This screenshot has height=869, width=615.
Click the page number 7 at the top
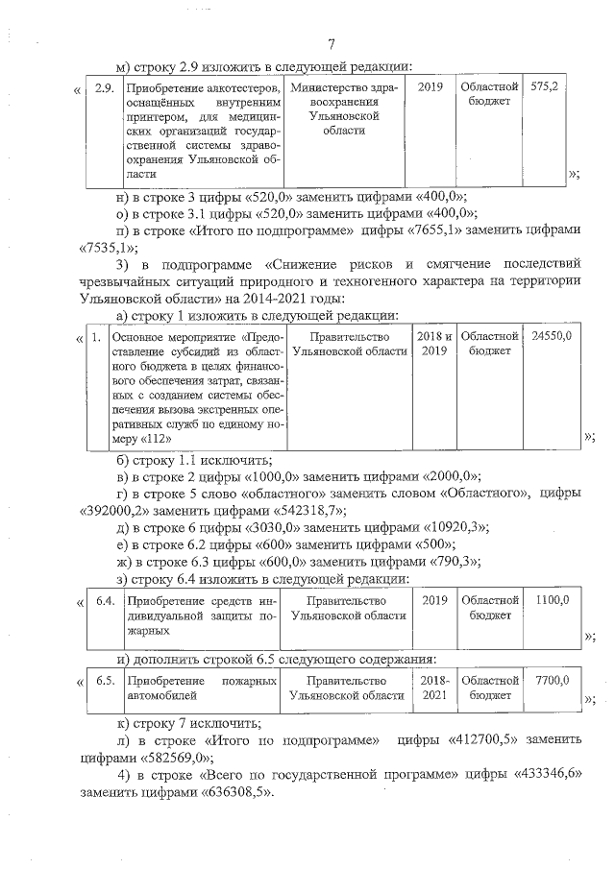pos(331,45)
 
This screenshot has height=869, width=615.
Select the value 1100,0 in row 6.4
pos(552,600)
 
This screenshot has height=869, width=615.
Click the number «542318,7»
pos(308,511)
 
